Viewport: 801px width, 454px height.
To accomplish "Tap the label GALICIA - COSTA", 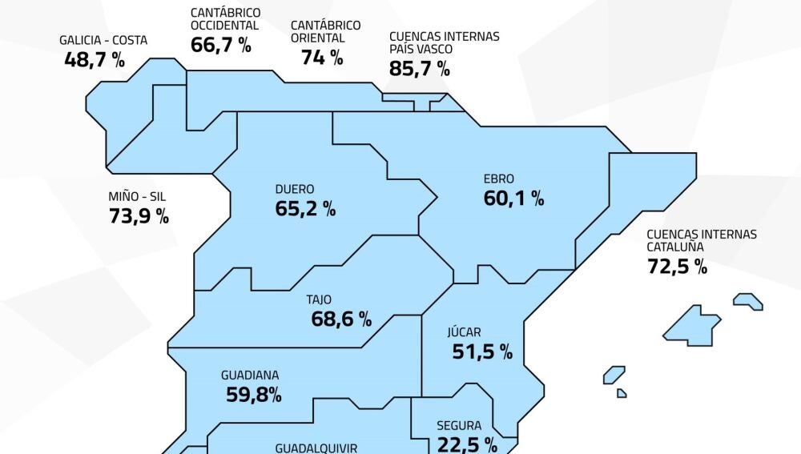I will (x=103, y=40).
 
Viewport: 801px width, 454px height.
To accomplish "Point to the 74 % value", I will (x=322, y=57).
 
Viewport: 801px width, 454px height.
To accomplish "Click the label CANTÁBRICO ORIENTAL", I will (x=325, y=31).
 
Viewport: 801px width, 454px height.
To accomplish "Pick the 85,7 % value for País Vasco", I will (x=419, y=68).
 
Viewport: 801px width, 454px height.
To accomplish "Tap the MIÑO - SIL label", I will (x=137, y=196).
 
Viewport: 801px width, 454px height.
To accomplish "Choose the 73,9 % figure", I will (x=139, y=215).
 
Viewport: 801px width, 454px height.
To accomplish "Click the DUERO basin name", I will (x=295, y=190).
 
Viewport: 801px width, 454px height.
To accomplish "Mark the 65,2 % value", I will (x=305, y=210).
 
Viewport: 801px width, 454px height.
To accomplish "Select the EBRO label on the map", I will (x=499, y=179).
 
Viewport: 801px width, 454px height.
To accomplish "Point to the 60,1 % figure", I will (x=513, y=199).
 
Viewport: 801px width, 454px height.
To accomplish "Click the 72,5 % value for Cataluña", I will (x=677, y=267).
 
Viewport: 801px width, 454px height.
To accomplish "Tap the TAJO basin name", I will (x=319, y=300).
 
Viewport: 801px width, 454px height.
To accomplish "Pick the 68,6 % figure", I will (x=341, y=319).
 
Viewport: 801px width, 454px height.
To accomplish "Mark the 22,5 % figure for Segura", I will (x=467, y=444).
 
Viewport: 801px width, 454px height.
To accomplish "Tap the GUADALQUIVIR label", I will (x=316, y=448).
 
